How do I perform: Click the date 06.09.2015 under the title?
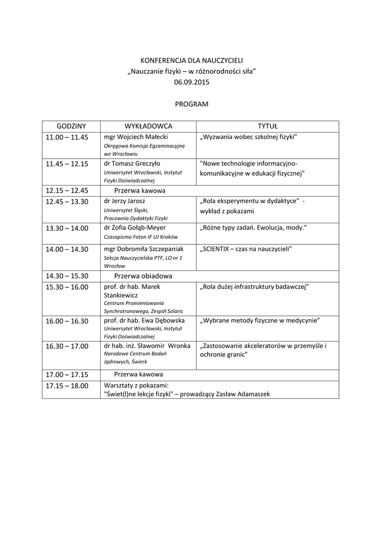pyautogui.click(x=192, y=82)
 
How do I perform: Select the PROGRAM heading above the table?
pyautogui.click(x=192, y=104)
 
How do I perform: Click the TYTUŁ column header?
pyautogui.click(x=267, y=126)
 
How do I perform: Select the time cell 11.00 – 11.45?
pyautogui.click(x=67, y=137)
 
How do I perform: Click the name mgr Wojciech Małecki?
pyautogui.click(x=136, y=137)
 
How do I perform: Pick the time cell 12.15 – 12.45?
pyautogui.click(x=67, y=190)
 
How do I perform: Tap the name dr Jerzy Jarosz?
pyautogui.click(x=124, y=201)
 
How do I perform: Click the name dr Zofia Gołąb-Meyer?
pyautogui.click(x=136, y=227)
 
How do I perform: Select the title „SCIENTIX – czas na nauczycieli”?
pyautogui.click(x=246, y=249)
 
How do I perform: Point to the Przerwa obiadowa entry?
pyautogui.click(x=143, y=276)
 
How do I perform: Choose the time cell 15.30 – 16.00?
pyautogui.click(x=67, y=287)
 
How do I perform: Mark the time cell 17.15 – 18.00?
pyautogui.click(x=67, y=386)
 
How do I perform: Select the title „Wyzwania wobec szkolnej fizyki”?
pyautogui.click(x=248, y=137)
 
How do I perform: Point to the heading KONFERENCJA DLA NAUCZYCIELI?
pyautogui.click(x=192, y=61)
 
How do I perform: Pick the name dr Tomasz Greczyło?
pyautogui.click(x=132, y=163)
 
